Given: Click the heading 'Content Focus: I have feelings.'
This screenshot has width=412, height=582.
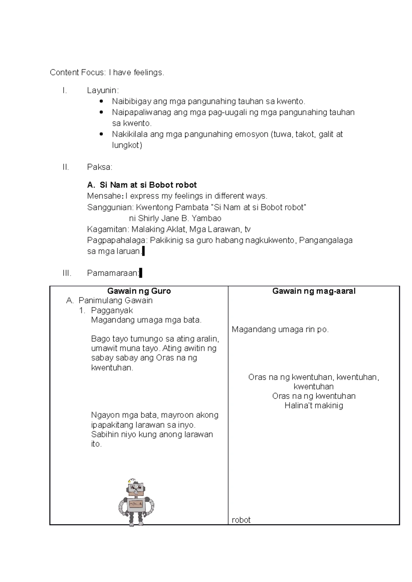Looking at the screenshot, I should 107,72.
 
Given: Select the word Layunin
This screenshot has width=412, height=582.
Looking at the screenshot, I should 102,90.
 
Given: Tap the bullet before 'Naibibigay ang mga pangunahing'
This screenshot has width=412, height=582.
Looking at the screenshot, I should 101,101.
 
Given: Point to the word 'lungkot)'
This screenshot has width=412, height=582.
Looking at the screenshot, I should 127,145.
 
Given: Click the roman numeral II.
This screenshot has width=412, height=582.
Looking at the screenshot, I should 66,167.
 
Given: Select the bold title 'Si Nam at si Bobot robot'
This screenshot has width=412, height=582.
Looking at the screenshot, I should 148,185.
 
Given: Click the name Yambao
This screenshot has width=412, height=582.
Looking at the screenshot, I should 206,218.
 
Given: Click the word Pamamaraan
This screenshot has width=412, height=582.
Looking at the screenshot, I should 113,273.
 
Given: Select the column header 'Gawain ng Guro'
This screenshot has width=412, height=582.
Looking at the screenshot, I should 139,291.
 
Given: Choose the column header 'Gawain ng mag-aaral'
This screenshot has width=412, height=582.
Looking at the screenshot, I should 313,291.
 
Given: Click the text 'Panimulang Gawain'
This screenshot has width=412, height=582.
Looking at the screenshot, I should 115,301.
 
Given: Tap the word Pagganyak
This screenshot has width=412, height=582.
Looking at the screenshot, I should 112,310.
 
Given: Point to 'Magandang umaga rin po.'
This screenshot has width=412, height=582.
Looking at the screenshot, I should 280,329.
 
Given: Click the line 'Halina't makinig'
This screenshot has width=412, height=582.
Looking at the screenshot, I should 313,405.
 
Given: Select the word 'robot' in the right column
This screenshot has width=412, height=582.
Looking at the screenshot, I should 241,520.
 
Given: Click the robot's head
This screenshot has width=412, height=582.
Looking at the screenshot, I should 136,488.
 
